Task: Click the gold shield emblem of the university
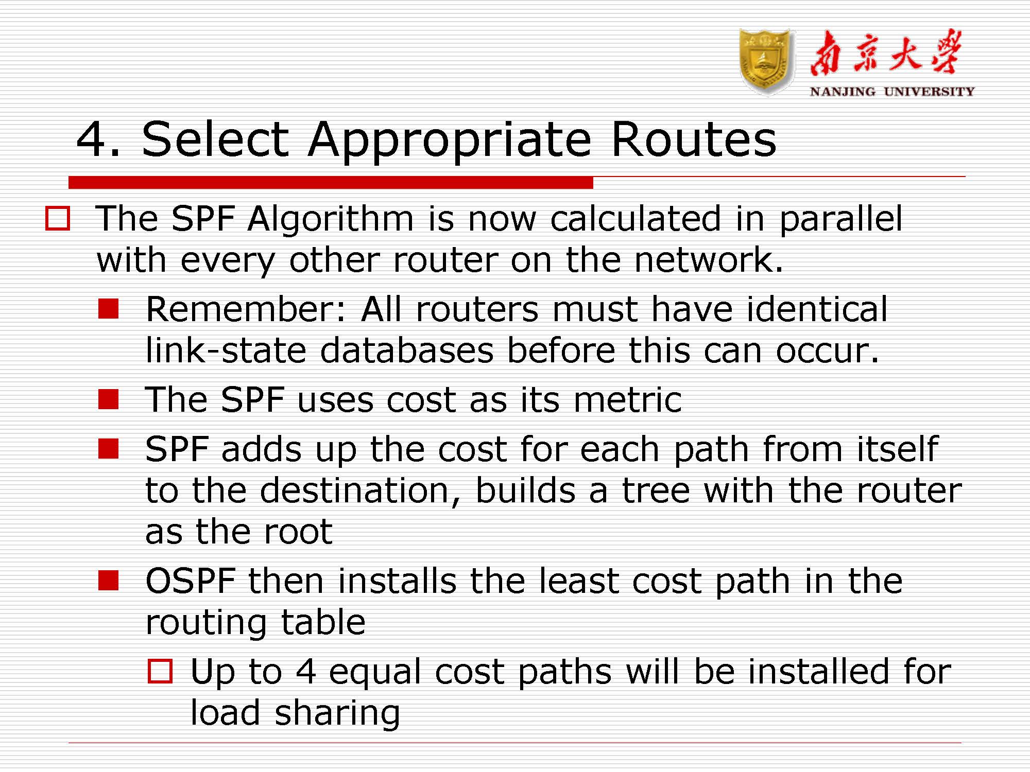[766, 61]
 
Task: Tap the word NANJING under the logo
[842, 92]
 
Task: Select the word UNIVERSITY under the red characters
[929, 92]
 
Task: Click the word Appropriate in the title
[450, 140]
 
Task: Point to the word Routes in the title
[693, 140]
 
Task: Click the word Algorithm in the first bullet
[330, 219]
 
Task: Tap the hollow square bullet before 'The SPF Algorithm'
[58, 218]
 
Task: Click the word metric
[628, 400]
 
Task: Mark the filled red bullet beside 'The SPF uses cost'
[109, 399]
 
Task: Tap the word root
[298, 532]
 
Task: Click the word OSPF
[191, 581]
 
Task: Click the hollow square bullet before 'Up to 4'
[160, 671]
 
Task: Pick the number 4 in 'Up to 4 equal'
[305, 672]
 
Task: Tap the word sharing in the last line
[337, 714]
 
